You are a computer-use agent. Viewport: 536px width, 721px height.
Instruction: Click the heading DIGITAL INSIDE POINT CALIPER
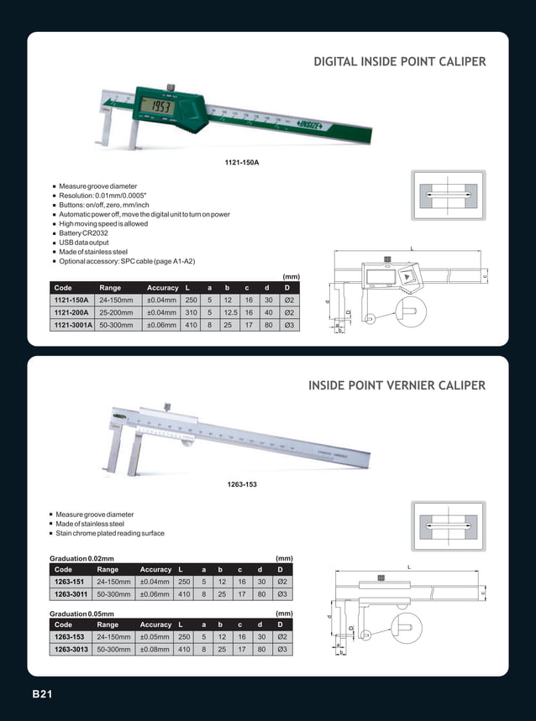(x=399, y=62)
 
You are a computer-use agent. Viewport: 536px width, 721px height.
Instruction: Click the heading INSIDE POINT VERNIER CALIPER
(x=397, y=385)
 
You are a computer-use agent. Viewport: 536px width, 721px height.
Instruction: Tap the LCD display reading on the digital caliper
(x=156, y=107)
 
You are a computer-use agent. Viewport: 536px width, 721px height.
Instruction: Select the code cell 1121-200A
(x=72, y=311)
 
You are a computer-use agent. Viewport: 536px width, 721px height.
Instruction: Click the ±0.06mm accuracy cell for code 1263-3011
(x=155, y=593)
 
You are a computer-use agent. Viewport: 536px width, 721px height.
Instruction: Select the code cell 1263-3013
(x=72, y=649)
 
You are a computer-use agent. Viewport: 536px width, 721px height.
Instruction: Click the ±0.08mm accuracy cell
(x=155, y=649)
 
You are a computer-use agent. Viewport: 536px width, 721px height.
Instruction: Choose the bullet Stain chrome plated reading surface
(x=110, y=533)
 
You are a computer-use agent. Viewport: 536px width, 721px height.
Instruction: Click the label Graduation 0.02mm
(x=82, y=558)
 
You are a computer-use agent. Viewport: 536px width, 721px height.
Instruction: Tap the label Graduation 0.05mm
(x=82, y=614)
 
